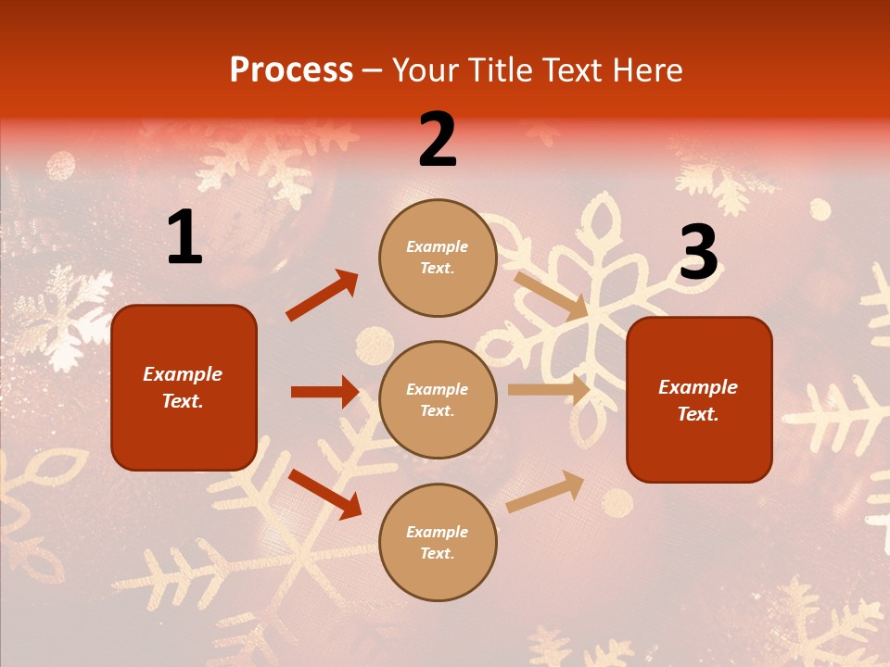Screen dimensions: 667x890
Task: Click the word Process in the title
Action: (291, 69)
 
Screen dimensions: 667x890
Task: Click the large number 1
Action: (184, 238)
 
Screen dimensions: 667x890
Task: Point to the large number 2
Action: (438, 140)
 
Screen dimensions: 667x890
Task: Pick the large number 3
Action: (698, 253)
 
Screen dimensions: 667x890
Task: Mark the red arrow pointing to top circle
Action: (322, 296)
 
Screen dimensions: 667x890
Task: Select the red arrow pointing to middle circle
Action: (324, 392)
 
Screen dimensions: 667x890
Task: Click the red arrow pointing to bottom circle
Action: (324, 494)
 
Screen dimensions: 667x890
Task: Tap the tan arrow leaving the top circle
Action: (551, 296)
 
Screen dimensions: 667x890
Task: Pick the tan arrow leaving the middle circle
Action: (549, 390)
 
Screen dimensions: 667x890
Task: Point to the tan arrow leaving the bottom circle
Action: (545, 492)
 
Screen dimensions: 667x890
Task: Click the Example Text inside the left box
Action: (183, 387)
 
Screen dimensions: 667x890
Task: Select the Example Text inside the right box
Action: (698, 400)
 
